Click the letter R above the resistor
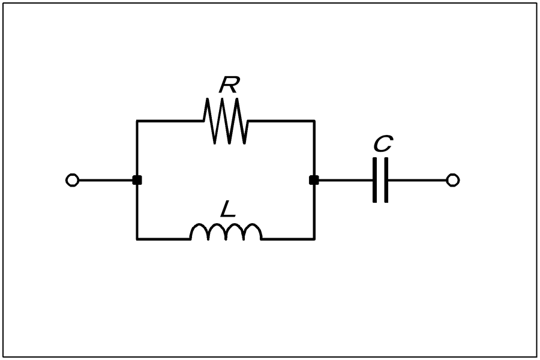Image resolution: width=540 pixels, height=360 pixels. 229,85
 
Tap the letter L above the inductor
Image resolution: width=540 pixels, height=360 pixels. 227,209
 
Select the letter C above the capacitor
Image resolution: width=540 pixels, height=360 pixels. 383,143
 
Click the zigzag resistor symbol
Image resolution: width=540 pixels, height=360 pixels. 226,121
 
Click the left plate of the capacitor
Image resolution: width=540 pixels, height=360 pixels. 374,180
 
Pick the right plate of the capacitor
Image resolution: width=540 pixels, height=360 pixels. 386,180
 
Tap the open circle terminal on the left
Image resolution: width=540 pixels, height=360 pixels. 73,180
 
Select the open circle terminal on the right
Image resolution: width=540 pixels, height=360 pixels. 452,180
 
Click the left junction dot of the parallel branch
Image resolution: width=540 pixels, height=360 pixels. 137,180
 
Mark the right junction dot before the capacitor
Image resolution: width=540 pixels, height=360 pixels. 314,180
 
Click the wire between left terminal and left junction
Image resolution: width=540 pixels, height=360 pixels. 106,180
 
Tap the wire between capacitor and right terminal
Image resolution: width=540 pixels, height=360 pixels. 417,180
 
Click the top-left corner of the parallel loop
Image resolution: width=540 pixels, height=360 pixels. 137,121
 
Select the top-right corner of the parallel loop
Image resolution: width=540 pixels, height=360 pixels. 314,121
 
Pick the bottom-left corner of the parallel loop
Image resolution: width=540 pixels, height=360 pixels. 137,239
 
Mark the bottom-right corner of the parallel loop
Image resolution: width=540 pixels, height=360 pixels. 314,239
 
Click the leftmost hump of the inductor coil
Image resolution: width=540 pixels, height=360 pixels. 199,224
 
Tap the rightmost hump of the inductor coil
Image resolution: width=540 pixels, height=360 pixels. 253,224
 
